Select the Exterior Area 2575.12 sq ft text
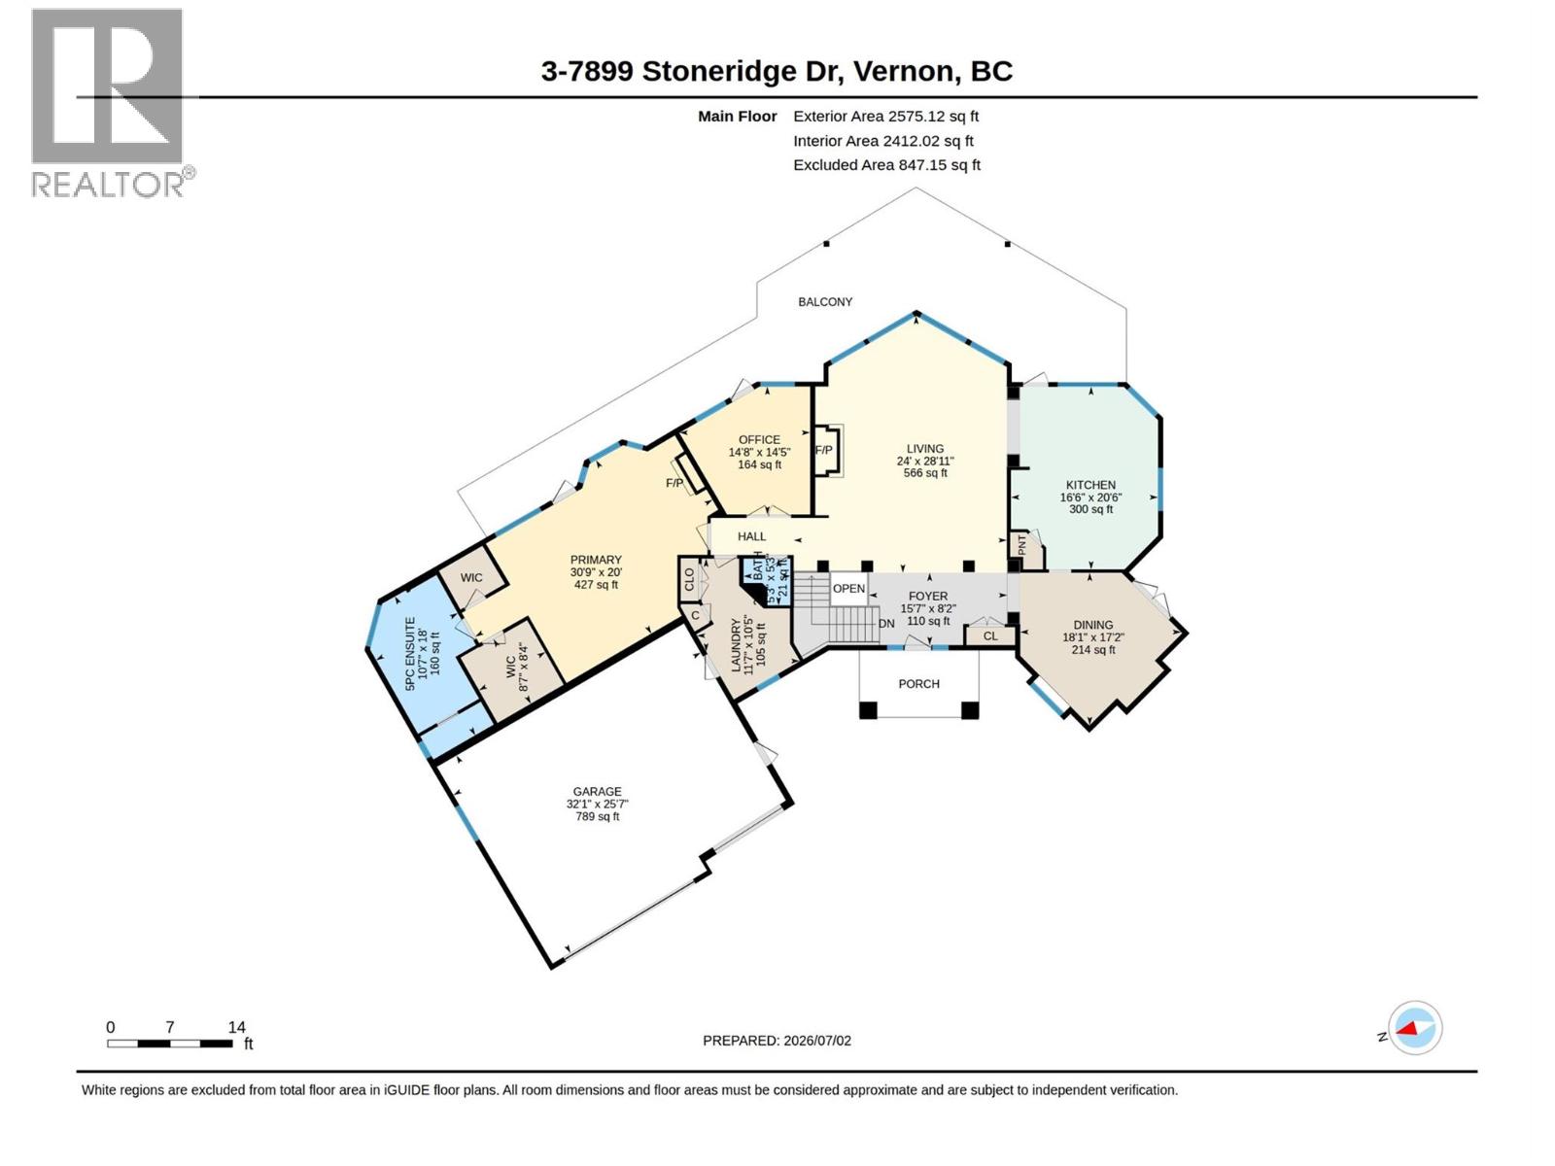pyautogui.click(x=885, y=116)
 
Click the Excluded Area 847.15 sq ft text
pyautogui.click(x=886, y=165)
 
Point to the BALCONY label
pyautogui.click(x=824, y=301)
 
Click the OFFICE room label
pyautogui.click(x=759, y=439)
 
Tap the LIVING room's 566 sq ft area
pyautogui.click(x=925, y=473)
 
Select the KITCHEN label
pyautogui.click(x=1090, y=485)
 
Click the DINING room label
pyautogui.click(x=1093, y=625)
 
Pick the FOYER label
pyautogui.click(x=928, y=596)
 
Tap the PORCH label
pyautogui.click(x=918, y=684)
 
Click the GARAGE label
pyautogui.click(x=597, y=792)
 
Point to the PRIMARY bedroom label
pyautogui.click(x=596, y=560)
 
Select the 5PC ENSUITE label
pyautogui.click(x=409, y=653)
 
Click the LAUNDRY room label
pyautogui.click(x=736, y=645)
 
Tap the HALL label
pyautogui.click(x=751, y=536)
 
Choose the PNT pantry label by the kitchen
pyautogui.click(x=1021, y=545)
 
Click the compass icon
pyautogui.click(x=1415, y=1027)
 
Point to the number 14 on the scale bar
pyautogui.click(x=236, y=1027)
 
